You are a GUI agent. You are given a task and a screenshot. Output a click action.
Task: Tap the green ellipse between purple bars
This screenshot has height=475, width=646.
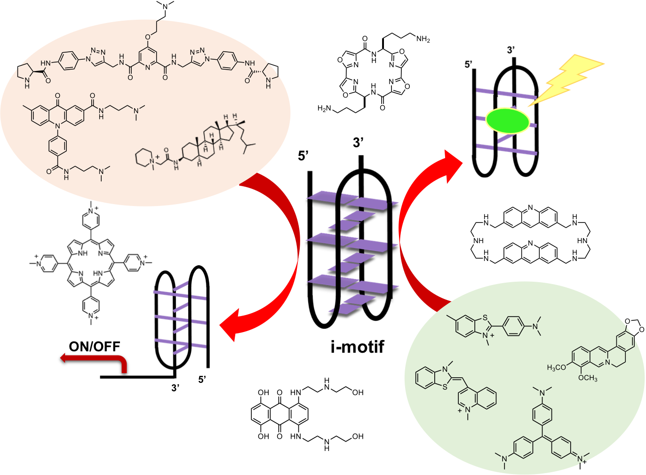coord(508,120)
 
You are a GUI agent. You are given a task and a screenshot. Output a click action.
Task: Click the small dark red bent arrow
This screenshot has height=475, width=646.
coord(94,360)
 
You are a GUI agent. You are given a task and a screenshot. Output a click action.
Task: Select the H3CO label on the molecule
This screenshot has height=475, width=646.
coord(557,367)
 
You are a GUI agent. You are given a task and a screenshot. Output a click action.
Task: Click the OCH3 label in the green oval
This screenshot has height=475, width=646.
coord(588,378)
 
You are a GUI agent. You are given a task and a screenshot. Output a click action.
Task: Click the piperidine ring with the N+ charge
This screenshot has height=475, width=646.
coord(144,157)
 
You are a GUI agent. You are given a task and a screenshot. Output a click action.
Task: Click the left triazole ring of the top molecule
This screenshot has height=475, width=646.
coord(97,57)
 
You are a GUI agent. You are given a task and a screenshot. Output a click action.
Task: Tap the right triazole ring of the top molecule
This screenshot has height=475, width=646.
coord(199,56)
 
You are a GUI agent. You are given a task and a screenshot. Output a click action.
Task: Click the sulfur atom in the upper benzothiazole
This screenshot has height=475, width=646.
coord(485,317)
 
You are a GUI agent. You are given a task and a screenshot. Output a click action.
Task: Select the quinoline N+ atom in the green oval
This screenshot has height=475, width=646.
coord(467,411)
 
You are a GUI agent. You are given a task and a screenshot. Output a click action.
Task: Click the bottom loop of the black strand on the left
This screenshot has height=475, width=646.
coord(323,320)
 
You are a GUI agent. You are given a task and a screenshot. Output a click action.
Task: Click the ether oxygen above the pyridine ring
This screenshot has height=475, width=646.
coord(148,37)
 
